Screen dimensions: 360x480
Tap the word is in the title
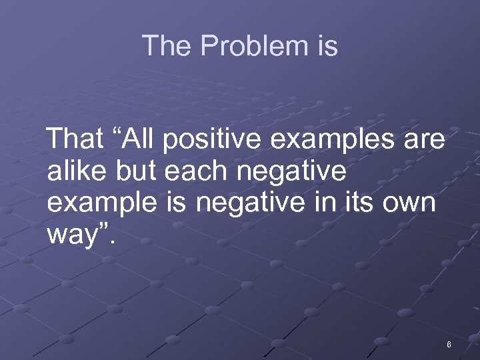pyautogui.click(x=327, y=46)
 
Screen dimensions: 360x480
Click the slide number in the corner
pyautogui.click(x=449, y=345)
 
